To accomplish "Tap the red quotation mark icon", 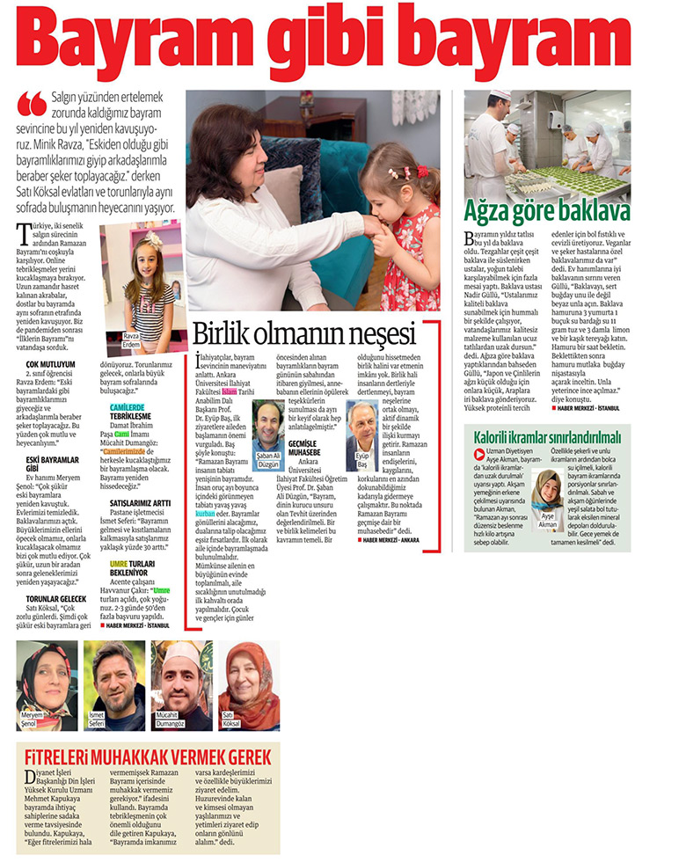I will (x=32, y=105).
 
